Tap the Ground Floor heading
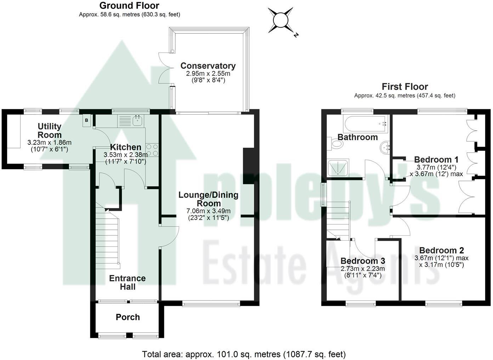(x=129, y=6)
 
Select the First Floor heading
(x=404, y=87)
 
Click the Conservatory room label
(x=208, y=66)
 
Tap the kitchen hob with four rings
(x=153, y=150)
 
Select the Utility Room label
(x=50, y=130)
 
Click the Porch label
(x=127, y=317)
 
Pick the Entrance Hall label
(x=127, y=282)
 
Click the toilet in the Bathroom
(x=336, y=144)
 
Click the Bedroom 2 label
(x=441, y=251)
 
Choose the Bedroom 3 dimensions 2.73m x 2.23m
(x=362, y=269)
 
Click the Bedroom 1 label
(x=436, y=159)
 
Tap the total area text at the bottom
(x=244, y=354)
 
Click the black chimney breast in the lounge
(x=249, y=166)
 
